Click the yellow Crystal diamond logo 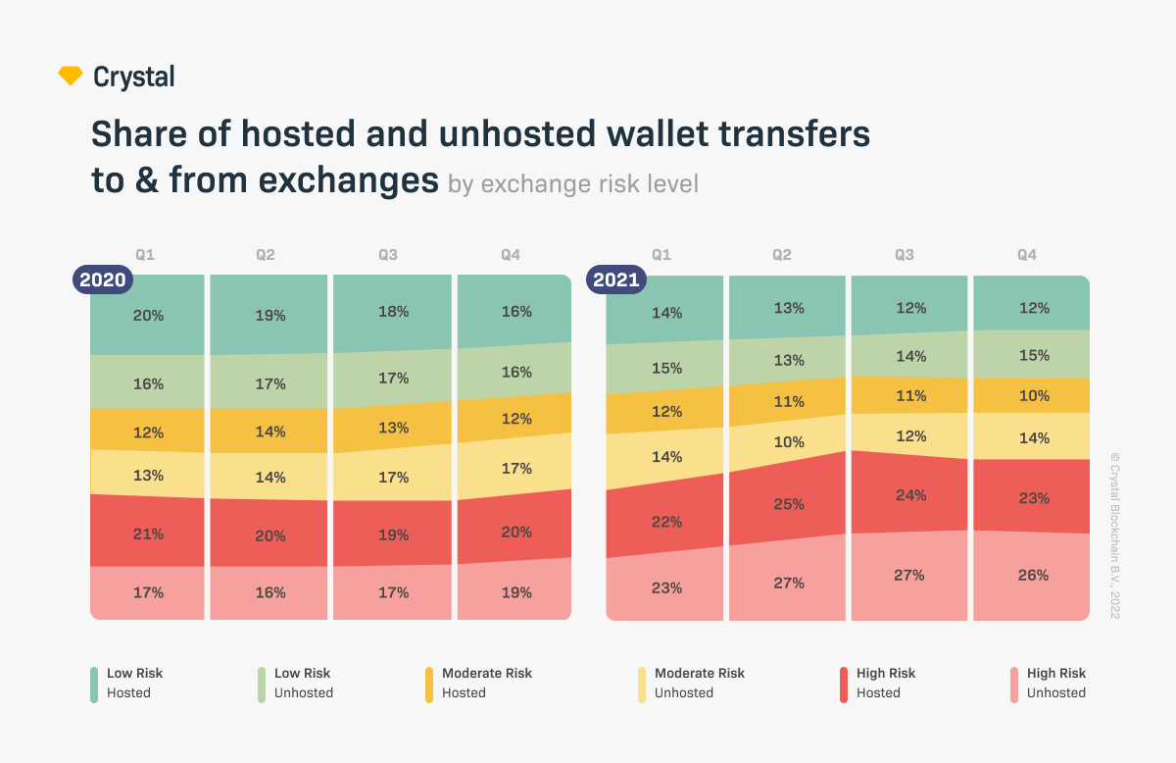click(x=71, y=76)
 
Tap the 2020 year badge click(x=102, y=280)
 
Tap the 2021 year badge click(x=614, y=280)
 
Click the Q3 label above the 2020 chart click(x=388, y=255)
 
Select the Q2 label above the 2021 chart click(x=781, y=255)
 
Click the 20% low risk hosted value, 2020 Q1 click(x=149, y=316)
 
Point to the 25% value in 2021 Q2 click(x=789, y=504)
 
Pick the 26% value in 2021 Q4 click(x=1034, y=575)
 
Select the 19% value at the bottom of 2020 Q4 click(x=516, y=592)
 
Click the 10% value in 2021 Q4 click(x=1034, y=396)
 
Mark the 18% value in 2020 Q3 click(x=393, y=311)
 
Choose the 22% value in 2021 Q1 click(x=666, y=522)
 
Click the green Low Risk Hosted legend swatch click(x=94, y=684)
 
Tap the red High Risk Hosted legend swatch click(x=844, y=684)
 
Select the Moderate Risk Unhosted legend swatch click(x=642, y=684)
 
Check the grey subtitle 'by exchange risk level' click(x=573, y=184)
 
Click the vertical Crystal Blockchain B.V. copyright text click(x=1114, y=534)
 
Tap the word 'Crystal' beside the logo click(x=134, y=76)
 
